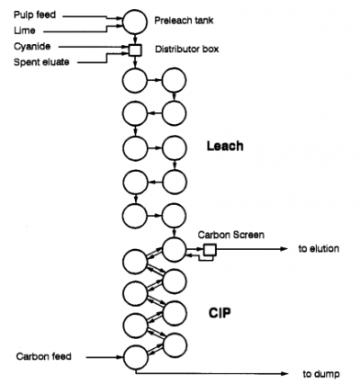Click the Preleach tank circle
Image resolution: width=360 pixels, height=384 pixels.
tap(134, 19)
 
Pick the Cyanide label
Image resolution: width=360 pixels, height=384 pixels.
tap(28, 45)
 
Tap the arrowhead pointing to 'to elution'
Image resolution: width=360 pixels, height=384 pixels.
tap(285, 249)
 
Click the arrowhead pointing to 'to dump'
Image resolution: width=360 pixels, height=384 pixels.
tap(285, 372)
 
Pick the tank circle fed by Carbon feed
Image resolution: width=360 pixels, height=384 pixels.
tap(134, 355)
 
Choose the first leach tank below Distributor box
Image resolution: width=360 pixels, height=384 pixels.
tap(134, 82)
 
